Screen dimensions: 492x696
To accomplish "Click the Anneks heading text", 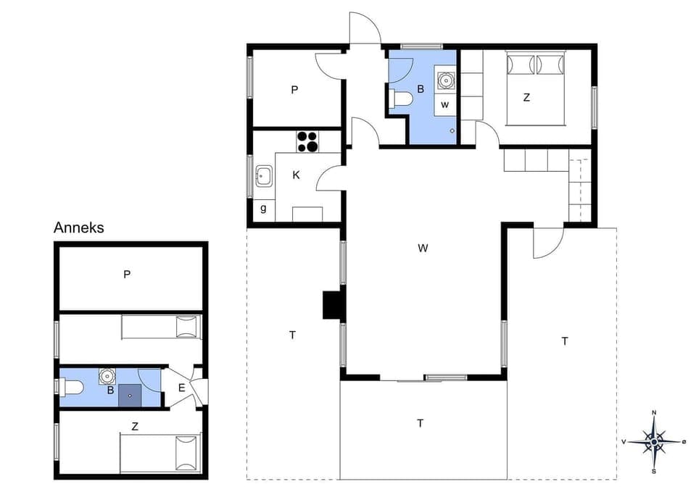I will pyautogui.click(x=79, y=228).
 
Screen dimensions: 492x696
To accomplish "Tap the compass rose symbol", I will pyautogui.click(x=654, y=441).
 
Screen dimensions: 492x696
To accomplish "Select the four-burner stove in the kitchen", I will pyautogui.click(x=307, y=141).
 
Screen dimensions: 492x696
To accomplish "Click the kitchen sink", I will pyautogui.click(x=264, y=175).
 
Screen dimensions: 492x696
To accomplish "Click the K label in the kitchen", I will pyautogui.click(x=297, y=175).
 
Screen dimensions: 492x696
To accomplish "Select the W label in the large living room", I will pyautogui.click(x=423, y=249).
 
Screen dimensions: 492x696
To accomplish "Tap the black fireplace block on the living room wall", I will pyautogui.click(x=332, y=305).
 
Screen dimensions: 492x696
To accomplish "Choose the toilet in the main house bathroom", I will pyautogui.click(x=400, y=100).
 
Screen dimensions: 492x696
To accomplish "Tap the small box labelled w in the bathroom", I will pyautogui.click(x=445, y=104).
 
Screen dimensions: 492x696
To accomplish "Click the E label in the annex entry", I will pyautogui.click(x=182, y=388).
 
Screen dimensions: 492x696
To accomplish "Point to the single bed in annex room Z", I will pyautogui.click(x=160, y=452).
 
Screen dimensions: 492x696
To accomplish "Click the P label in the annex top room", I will pyautogui.click(x=127, y=275).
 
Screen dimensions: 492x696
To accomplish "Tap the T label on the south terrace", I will pyautogui.click(x=420, y=423).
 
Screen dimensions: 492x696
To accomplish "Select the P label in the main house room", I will pyautogui.click(x=294, y=90).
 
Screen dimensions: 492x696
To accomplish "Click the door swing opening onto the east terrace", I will pyautogui.click(x=546, y=243).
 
